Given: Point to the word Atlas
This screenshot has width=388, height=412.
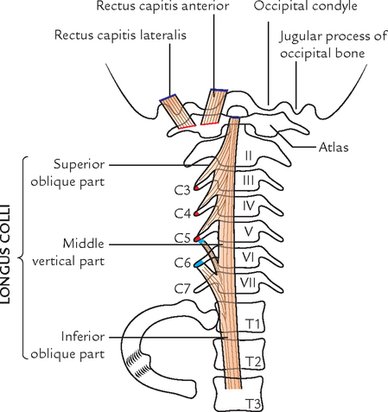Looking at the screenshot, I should tap(333, 148).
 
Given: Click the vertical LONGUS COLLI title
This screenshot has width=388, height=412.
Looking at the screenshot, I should tap(11, 259).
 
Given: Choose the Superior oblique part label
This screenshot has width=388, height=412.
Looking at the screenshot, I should tap(78, 172).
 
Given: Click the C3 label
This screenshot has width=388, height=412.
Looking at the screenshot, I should tap(182, 187).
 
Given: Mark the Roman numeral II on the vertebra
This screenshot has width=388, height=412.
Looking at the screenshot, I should tap(248, 156).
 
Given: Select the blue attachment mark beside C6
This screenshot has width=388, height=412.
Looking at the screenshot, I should tap(200, 261).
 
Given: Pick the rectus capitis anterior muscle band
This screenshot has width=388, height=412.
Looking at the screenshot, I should tap(212, 106).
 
